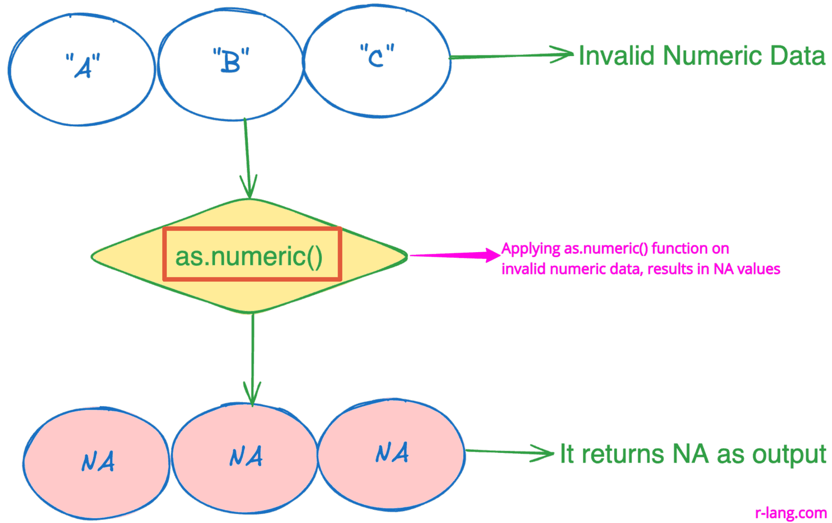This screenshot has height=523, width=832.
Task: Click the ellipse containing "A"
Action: (82, 70)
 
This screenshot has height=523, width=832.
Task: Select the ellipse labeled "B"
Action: (230, 65)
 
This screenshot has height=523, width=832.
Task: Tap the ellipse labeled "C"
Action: (377, 61)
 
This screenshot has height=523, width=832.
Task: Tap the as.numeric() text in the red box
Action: (249, 256)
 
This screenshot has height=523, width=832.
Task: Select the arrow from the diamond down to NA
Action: (253, 359)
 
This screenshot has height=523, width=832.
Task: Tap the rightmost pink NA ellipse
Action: (391, 454)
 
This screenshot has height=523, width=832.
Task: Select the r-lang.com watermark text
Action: (790, 513)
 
